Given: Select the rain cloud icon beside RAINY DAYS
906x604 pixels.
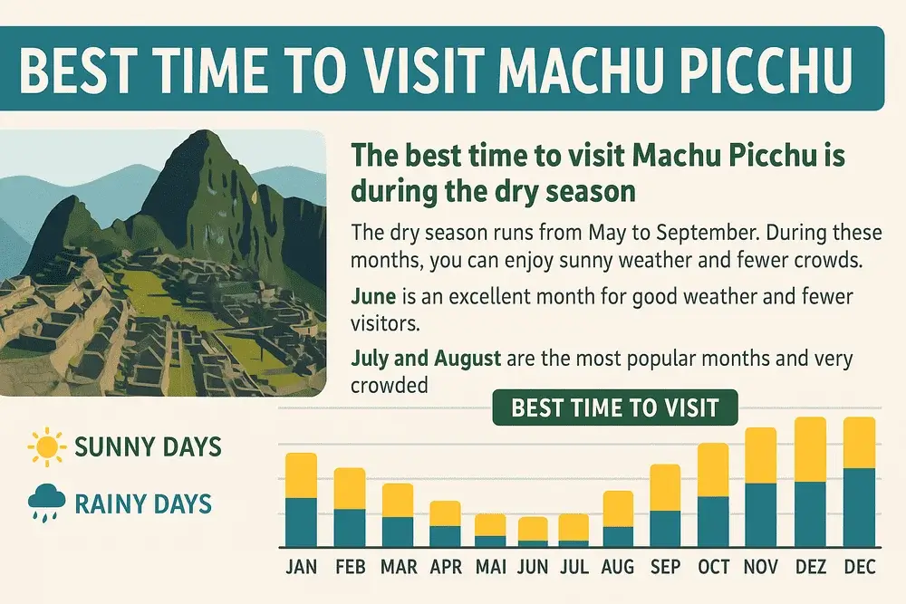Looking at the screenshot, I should tap(43, 501).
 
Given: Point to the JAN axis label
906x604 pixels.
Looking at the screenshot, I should tap(301, 567).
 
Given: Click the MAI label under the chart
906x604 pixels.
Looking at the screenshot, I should tap(490, 567).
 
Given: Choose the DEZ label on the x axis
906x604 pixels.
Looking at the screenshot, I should tap(810, 567).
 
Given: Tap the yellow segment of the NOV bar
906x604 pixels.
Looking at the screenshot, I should tap(760, 455).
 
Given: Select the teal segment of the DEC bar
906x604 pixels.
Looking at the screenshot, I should tap(858, 507).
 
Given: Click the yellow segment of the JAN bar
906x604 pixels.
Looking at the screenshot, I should tap(301, 475).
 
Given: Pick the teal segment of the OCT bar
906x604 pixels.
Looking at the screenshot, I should tap(712, 522).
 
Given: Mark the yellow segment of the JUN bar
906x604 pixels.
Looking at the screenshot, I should tap(533, 529).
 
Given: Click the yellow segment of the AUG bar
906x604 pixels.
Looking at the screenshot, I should tap(618, 509).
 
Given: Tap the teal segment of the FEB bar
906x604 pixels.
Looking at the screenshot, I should tap(350, 528).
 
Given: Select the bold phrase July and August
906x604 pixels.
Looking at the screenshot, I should tap(426, 358).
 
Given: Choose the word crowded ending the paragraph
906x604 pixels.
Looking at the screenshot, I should tap(388, 384).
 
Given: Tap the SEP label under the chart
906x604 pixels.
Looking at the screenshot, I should tap(665, 567).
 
